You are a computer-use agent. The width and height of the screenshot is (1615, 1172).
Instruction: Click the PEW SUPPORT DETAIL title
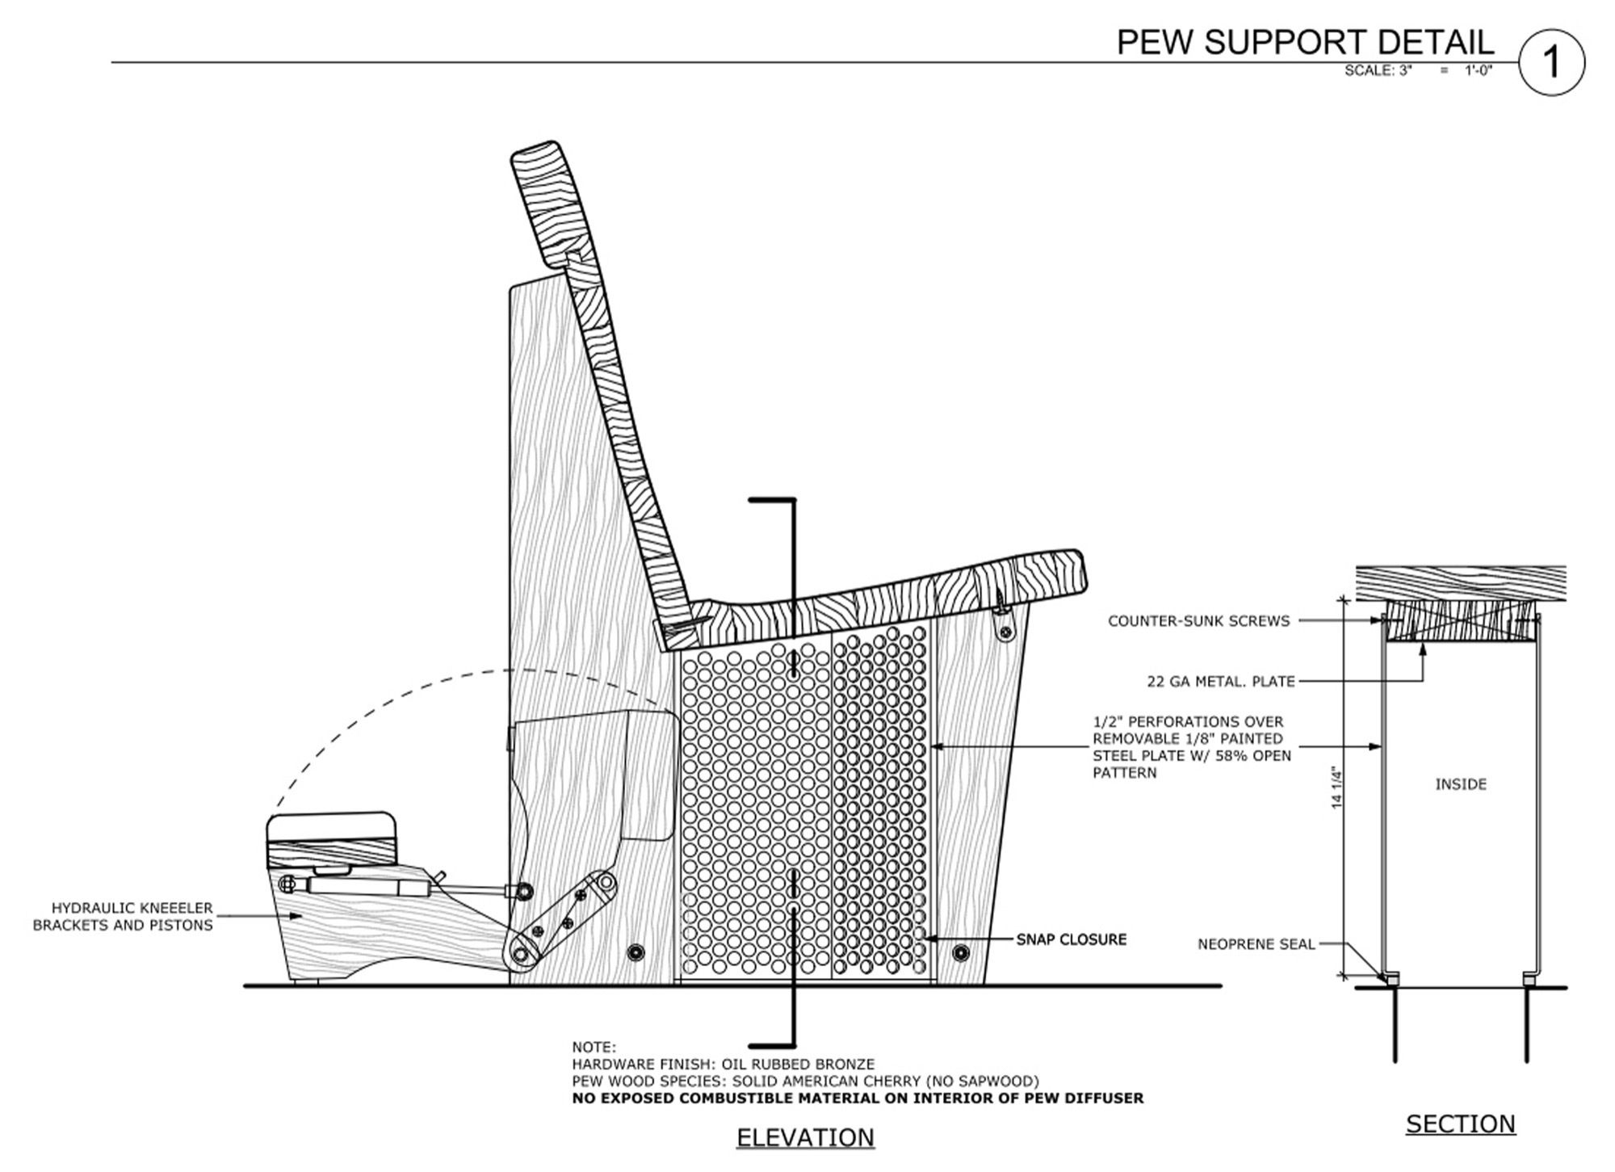point(1304,42)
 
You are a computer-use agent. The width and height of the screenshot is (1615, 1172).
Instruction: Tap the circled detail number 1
point(1551,62)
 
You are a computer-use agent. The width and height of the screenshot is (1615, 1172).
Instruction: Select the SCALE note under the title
point(1417,70)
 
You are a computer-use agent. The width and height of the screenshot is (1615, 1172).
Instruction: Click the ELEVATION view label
point(805,1137)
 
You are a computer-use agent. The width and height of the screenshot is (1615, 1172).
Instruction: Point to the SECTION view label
point(1460,1124)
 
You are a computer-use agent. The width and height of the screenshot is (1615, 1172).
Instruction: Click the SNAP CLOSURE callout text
point(1071,939)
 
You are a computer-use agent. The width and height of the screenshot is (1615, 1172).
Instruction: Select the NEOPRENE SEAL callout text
point(1256,943)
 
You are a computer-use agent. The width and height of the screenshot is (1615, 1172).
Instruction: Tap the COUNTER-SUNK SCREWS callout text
point(1198,621)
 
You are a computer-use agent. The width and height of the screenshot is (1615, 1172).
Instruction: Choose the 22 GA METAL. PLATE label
point(1220,682)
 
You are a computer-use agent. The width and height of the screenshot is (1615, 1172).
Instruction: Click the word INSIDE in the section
point(1460,784)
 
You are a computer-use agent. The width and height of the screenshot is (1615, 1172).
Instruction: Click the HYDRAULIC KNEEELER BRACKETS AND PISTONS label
point(123,917)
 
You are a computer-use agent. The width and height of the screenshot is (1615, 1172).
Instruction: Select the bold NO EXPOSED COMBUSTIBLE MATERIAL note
point(858,1098)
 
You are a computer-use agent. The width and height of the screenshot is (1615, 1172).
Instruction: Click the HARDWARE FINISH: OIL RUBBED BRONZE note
point(723,1065)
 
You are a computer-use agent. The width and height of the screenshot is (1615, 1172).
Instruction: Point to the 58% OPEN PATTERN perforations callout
point(1191,747)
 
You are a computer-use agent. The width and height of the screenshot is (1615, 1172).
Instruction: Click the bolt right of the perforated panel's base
point(960,952)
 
